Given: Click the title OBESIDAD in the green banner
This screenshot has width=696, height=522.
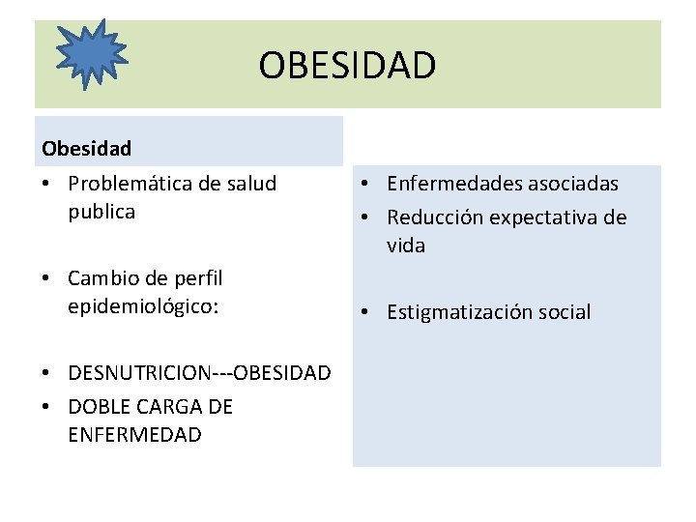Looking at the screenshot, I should coord(347,66).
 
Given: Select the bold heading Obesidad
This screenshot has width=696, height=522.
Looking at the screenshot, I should coord(87,149).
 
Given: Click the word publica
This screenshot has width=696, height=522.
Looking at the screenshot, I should coord(101,212).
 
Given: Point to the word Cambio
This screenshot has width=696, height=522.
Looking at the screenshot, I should coord(97,278).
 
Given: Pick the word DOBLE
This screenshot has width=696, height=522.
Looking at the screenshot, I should coord(98,407).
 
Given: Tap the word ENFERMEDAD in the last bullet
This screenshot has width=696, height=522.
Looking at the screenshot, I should coord(134,435).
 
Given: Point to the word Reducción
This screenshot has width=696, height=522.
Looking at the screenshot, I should coord(434,217).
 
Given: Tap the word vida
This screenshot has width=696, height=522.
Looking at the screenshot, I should coord(406,246).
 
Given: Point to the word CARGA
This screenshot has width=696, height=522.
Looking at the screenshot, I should coord(165,407).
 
